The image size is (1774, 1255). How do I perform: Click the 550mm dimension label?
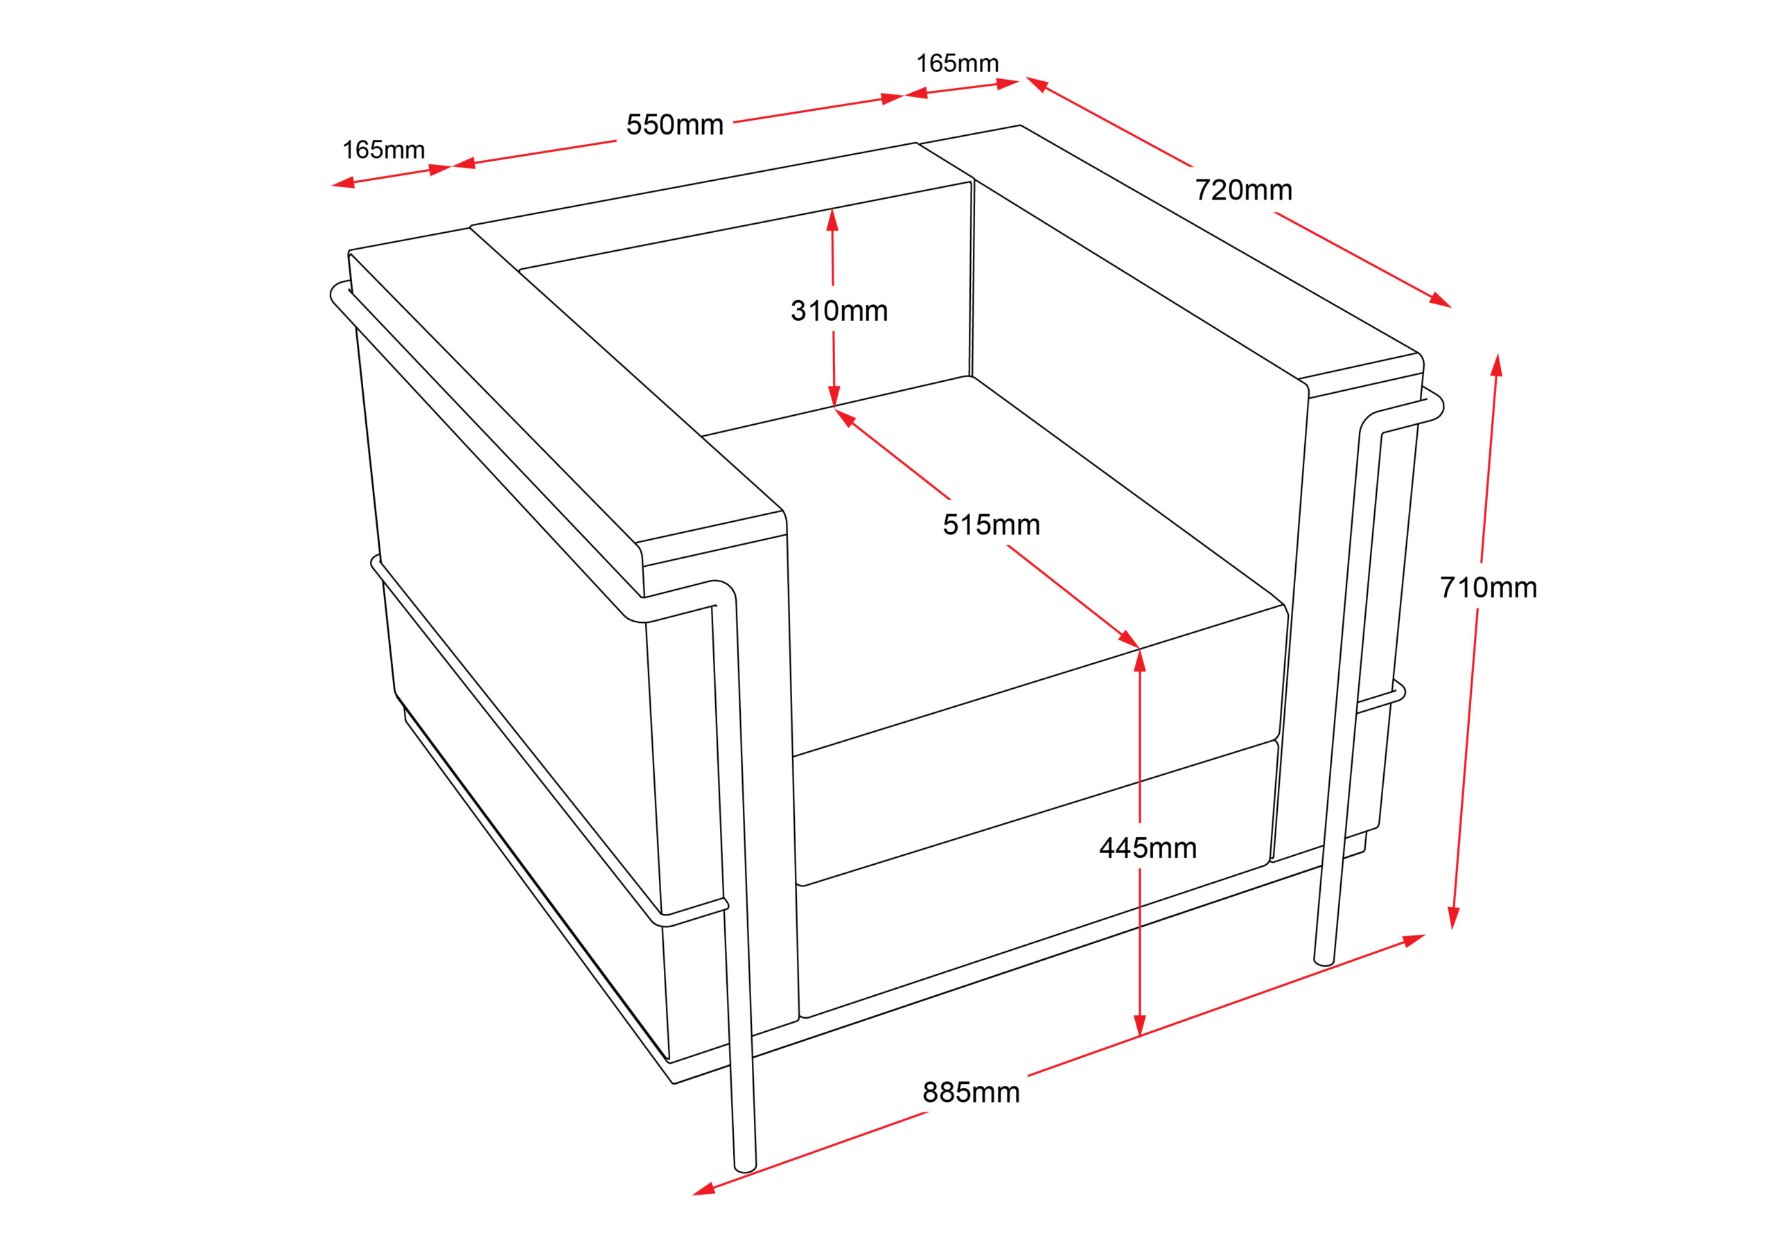[674, 125]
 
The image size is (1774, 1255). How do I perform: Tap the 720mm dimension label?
[1243, 190]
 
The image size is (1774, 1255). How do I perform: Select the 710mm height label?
[1488, 588]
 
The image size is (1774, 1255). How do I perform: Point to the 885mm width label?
[972, 1093]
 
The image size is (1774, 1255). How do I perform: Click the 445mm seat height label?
[1148, 848]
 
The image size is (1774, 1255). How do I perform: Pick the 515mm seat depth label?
[992, 525]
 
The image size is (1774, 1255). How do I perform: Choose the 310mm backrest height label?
[839, 311]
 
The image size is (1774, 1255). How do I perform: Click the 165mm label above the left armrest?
[383, 150]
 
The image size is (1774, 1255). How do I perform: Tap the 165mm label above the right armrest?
[957, 63]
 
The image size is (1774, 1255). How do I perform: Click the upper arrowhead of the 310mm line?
[832, 220]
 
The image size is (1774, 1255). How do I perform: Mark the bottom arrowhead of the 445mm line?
[1140, 1026]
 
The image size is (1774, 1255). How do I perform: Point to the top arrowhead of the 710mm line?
[1497, 365]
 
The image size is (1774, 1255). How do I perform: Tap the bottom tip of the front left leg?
[745, 1168]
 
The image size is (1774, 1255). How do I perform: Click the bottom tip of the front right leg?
[1324, 962]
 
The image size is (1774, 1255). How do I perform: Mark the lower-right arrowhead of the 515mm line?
[1129, 640]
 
